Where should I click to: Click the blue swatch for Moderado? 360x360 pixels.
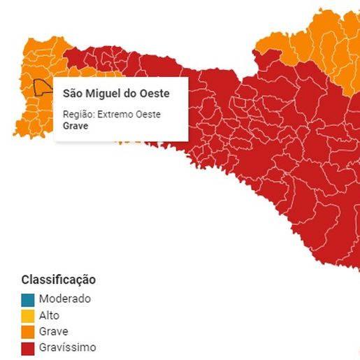tap(27, 299)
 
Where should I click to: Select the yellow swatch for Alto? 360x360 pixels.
tap(27, 315)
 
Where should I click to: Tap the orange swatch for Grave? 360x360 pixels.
tap(27, 331)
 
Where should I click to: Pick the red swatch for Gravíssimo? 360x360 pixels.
tap(27, 347)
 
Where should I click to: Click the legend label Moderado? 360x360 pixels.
tap(65, 298)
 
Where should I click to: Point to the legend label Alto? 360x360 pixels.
tap(50, 315)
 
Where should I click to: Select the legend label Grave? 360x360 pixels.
tap(54, 331)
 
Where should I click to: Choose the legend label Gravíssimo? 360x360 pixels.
tap(68, 347)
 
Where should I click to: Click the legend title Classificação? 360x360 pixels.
tap(59, 280)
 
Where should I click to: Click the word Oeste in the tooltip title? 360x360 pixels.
tap(154, 93)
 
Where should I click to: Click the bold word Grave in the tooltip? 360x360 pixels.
tap(75, 126)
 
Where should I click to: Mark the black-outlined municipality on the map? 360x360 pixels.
tap(44, 87)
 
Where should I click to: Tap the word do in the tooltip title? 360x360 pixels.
tap(132, 93)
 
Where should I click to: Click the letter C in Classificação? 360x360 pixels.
tap(26, 280)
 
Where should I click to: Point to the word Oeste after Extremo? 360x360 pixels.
tap(148, 114)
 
